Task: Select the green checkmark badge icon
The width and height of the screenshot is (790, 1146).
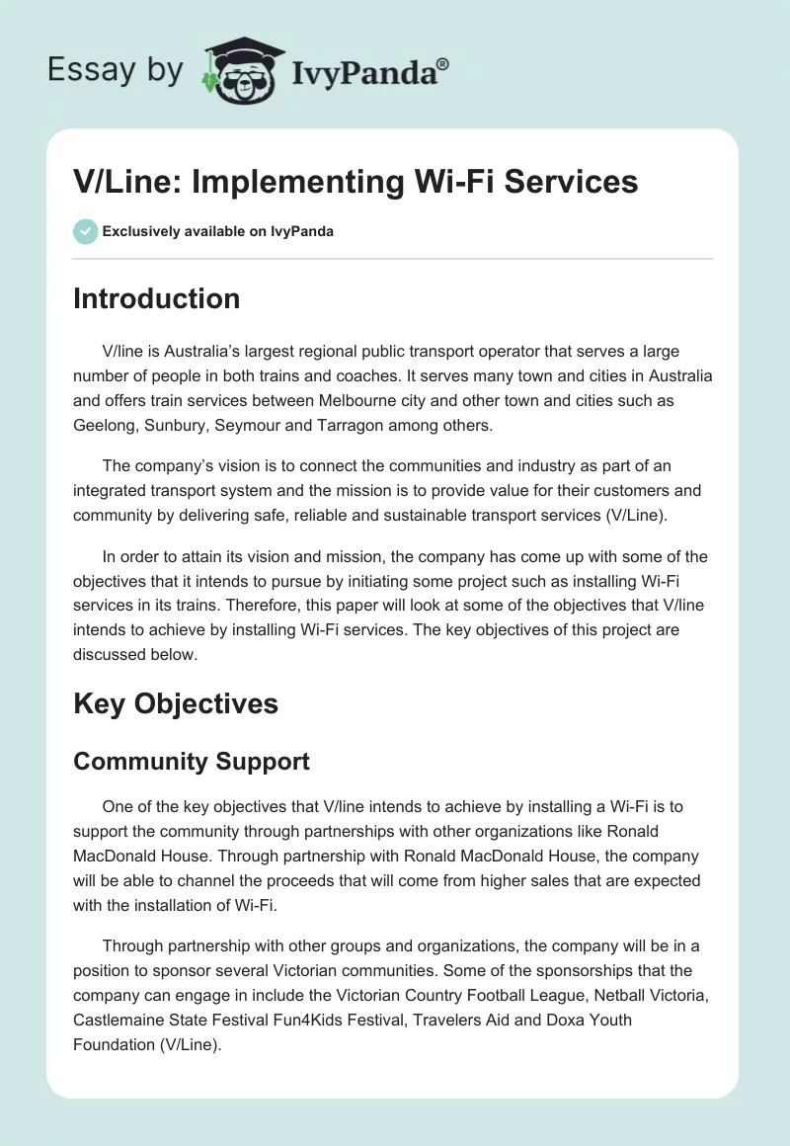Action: (x=85, y=231)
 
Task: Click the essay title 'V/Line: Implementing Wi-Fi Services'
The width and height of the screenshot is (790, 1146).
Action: (x=355, y=182)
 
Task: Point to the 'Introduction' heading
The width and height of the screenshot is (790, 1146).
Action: (x=156, y=298)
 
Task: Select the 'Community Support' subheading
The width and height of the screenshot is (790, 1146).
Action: (x=192, y=761)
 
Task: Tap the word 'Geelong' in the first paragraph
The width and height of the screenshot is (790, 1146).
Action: (x=104, y=426)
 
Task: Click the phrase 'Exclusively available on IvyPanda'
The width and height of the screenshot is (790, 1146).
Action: (x=218, y=231)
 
